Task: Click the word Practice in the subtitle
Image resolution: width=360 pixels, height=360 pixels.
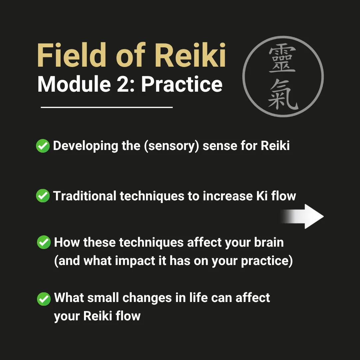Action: pyautogui.click(x=182, y=85)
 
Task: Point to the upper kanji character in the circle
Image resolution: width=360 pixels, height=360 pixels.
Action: pyautogui.click(x=282, y=59)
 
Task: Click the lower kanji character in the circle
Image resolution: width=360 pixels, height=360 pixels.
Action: pyautogui.click(x=283, y=95)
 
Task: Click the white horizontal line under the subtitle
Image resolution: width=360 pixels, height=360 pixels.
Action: pyautogui.click(x=107, y=107)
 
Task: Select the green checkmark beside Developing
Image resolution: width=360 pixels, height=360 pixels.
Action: pyautogui.click(x=43, y=146)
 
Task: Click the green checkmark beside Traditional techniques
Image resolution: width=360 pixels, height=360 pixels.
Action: pyautogui.click(x=43, y=196)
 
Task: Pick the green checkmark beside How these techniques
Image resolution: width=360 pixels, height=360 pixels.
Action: pyautogui.click(x=43, y=242)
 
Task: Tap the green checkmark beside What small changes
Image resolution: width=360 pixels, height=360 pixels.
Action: pyautogui.click(x=43, y=298)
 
